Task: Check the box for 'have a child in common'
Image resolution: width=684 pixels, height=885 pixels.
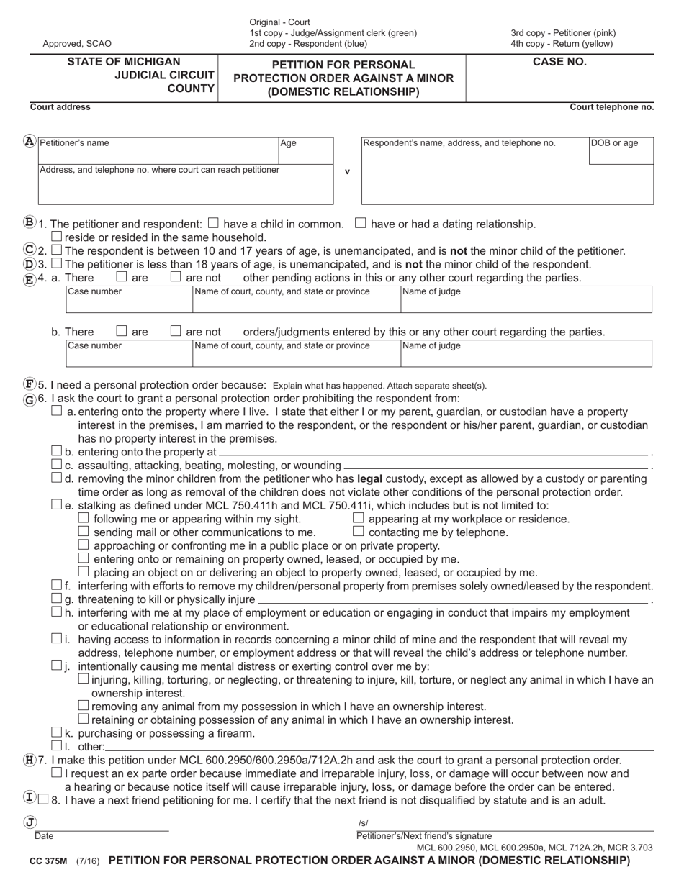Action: pos(213,224)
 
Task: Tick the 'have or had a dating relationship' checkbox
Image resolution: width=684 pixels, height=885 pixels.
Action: pos(361,224)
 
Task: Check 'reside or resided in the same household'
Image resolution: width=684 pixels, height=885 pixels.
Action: pos(57,237)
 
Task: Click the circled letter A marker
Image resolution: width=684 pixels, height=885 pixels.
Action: pos(29,142)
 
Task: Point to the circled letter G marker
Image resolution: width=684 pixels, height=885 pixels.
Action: pos(29,399)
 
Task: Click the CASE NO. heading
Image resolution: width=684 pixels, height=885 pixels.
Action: pos(559,62)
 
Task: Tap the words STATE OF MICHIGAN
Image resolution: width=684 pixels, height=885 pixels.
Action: pos(124,62)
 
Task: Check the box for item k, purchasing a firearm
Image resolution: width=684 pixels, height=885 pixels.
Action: pos(57,733)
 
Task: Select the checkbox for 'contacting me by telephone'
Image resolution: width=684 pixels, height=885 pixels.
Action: pos(359,532)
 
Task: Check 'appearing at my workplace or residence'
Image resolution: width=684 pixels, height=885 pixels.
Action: pos(359,519)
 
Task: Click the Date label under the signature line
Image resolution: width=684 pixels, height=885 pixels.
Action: pos(44,836)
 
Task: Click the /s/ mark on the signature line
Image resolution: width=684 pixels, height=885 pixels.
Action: pos(363,823)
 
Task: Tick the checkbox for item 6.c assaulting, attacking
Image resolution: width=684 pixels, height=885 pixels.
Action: pos(57,465)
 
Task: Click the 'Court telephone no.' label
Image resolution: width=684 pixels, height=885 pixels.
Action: pos(612,107)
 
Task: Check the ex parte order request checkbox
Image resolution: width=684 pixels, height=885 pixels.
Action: pos(57,773)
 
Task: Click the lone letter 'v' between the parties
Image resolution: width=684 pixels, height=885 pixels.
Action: pos(348,172)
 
